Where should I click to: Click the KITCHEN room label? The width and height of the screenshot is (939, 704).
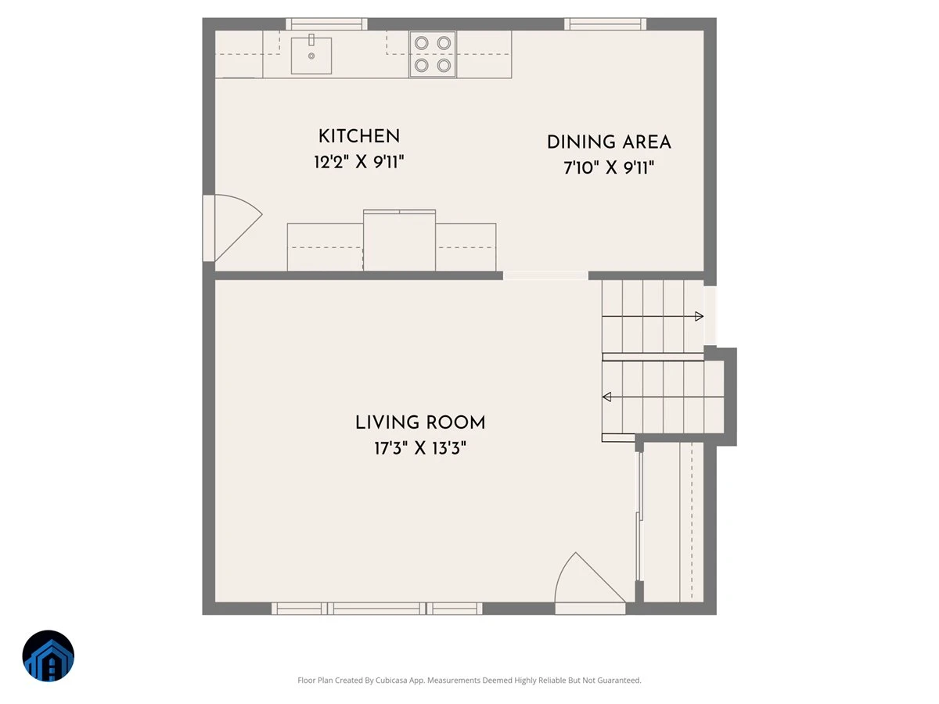(359, 136)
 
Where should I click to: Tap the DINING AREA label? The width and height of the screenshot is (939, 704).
(609, 142)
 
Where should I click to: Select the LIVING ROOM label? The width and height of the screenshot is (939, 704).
(420, 422)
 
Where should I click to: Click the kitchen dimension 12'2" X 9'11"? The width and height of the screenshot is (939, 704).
(359, 162)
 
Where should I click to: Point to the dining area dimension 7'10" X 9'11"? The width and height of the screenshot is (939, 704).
(609, 167)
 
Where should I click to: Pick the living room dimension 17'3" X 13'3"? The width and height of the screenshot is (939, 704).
(420, 448)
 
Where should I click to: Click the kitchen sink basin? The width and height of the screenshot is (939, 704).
(311, 56)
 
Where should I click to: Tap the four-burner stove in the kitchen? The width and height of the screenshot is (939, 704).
(433, 54)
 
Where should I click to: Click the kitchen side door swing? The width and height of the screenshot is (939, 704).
(238, 227)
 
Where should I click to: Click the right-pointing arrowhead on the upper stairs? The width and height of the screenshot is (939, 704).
(699, 316)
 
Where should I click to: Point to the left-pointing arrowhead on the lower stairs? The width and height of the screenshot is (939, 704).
(606, 397)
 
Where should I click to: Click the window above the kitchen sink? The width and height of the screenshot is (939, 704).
(326, 24)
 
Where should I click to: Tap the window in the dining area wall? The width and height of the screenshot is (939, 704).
(605, 24)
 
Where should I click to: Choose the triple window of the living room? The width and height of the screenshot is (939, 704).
(377, 609)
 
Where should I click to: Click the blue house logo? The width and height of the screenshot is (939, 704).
(49, 656)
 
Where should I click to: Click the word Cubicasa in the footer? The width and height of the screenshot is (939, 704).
(391, 680)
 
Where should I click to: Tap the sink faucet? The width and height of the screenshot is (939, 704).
(311, 40)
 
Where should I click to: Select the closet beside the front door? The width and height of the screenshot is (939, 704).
(674, 522)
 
